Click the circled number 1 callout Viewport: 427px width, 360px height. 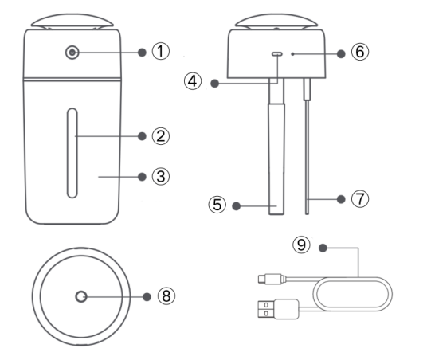pos(161,51)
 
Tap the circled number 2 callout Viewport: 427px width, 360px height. pos(161,136)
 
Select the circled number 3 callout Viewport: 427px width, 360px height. pos(161,177)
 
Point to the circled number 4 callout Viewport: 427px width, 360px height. pos(193,81)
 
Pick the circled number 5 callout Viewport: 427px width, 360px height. pos(217,205)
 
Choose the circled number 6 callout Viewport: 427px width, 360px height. pos(360,52)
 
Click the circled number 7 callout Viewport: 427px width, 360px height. pos(360,199)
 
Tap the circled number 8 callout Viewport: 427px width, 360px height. pos(166,295)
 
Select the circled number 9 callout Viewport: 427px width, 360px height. pos(301,245)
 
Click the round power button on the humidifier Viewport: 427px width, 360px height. pos(72,53)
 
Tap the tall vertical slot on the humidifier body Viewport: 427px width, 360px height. pos(72,153)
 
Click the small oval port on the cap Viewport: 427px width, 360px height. pos(277,54)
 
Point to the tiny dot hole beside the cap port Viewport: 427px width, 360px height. pos(292,54)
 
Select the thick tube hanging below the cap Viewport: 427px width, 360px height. pos(276,147)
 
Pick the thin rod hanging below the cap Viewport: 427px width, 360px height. pos(307,147)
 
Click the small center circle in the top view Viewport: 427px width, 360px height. pos(81,296)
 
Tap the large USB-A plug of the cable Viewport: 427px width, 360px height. pos(278,309)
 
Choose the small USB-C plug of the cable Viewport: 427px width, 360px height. pos(272,279)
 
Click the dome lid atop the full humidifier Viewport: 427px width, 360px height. pos(72,21)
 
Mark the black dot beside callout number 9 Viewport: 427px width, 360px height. pos(323,248)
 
